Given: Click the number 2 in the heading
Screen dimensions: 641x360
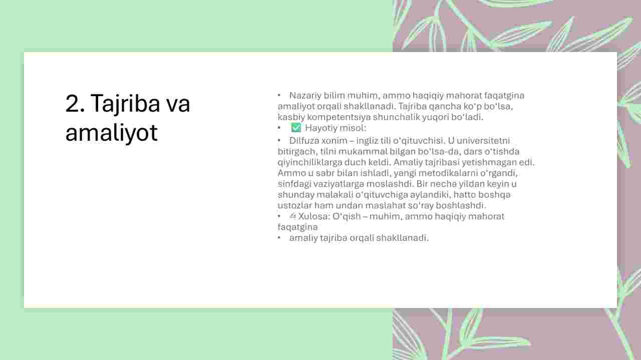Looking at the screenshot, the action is (73, 103).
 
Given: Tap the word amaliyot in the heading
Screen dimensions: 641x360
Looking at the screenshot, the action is (111, 133).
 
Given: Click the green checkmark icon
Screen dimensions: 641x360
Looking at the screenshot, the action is (296, 128).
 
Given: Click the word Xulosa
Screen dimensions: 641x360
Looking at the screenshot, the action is (314, 216).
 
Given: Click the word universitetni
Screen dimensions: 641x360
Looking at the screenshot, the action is (479, 141).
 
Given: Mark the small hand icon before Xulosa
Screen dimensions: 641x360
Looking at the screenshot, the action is (292, 216).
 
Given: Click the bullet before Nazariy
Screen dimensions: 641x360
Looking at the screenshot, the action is (279, 95).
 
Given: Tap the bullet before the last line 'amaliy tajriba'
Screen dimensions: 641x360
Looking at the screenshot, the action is (279, 237).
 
